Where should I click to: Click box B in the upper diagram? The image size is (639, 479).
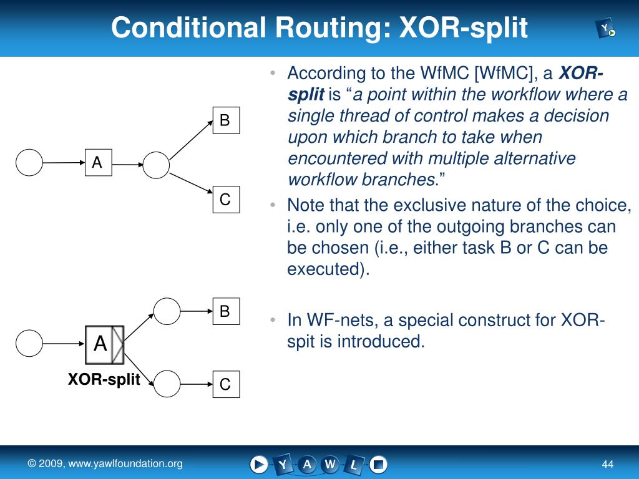tap(225, 120)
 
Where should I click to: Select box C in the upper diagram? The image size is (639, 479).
tap(225, 200)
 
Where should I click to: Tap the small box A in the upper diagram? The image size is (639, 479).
tap(98, 163)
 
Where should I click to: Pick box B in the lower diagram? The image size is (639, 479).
tap(225, 311)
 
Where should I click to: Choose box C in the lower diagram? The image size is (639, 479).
tap(225, 384)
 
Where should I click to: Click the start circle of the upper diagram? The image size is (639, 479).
tap(29, 163)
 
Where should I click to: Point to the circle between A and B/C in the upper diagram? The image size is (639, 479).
tap(156, 166)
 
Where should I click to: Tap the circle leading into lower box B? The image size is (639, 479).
tap(167, 310)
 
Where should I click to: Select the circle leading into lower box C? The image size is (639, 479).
tap(167, 384)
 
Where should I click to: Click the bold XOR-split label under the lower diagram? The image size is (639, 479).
tap(104, 380)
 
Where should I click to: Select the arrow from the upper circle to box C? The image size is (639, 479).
tap(192, 184)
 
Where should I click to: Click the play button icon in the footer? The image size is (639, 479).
tap(259, 464)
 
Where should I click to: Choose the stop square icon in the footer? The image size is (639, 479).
tap(378, 464)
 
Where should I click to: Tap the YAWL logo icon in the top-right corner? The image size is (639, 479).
tap(605, 29)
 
